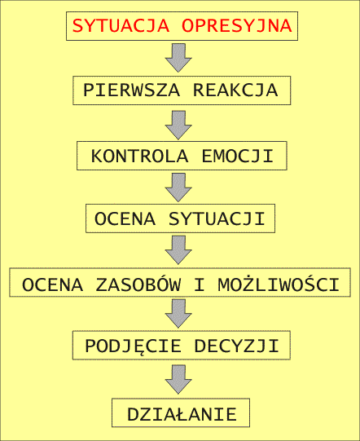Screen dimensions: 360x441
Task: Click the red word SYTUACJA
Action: [x=121, y=25]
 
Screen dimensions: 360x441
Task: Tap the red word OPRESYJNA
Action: [x=237, y=25]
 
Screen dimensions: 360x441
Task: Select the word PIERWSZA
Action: [x=131, y=90]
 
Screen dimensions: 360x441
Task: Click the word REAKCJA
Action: [x=235, y=90]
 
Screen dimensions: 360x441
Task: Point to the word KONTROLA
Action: [x=139, y=156]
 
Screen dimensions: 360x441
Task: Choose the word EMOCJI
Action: [x=238, y=156]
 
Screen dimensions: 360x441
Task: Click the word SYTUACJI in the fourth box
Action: [x=217, y=218]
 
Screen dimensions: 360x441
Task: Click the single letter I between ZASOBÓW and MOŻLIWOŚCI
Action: [x=200, y=284]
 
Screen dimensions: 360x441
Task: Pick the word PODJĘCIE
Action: [x=133, y=346]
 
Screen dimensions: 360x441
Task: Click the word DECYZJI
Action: [x=236, y=346]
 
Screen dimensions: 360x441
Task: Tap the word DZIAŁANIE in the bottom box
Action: [x=182, y=414]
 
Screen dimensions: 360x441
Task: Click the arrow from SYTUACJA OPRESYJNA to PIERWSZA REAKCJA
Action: [x=178, y=58]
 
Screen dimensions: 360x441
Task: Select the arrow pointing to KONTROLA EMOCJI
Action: [x=178, y=125]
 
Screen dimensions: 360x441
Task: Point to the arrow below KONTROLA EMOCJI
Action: [x=178, y=187]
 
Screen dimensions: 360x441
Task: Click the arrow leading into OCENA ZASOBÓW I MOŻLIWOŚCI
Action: [x=178, y=250]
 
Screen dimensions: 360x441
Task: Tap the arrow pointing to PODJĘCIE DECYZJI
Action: [x=178, y=313]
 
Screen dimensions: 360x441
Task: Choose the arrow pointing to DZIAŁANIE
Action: [x=178, y=379]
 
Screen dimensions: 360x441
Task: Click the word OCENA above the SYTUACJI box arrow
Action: [x=125, y=218]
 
